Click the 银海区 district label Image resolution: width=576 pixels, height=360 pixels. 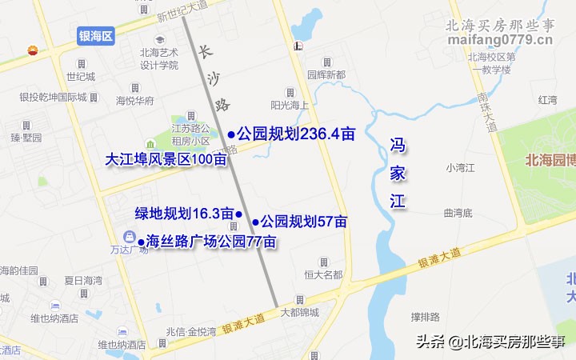(x=96, y=35)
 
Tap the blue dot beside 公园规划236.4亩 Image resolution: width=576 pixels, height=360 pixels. (x=231, y=134)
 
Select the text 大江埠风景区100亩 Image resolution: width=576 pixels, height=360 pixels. (x=166, y=159)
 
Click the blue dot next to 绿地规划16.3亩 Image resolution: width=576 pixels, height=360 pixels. (x=238, y=214)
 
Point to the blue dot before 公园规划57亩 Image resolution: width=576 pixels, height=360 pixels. (x=255, y=222)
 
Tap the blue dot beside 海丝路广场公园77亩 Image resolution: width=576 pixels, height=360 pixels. (x=141, y=242)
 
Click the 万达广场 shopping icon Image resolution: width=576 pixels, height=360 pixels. (x=129, y=236)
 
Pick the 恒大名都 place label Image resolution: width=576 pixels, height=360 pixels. (x=323, y=274)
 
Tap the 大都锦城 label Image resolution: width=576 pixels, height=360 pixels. (x=299, y=312)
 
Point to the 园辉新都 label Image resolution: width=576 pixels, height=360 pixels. (x=326, y=74)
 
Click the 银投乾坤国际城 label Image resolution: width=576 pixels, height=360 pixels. (x=53, y=98)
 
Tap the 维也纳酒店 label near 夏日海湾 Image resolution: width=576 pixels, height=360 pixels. (x=54, y=318)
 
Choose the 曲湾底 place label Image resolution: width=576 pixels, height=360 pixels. (x=458, y=213)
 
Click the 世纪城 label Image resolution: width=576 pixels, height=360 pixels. (x=80, y=77)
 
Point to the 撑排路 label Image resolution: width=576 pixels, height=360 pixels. (x=426, y=317)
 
